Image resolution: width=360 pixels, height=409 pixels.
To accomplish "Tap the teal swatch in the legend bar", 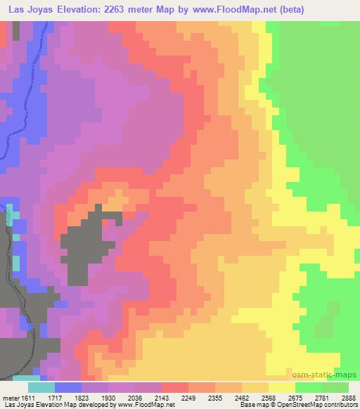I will coord(41,387).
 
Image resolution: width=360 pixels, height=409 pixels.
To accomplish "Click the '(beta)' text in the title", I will coord(337,9).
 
